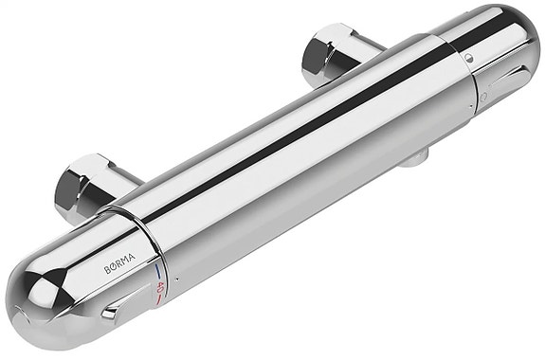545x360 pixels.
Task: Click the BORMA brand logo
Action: tap(120, 264)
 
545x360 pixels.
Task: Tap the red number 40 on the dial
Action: tap(160, 287)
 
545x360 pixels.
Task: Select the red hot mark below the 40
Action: tap(159, 299)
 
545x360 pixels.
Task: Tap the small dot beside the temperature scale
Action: tap(177, 279)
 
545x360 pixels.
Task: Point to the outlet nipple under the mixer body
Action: tap(415, 159)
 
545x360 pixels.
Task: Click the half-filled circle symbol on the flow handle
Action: tap(469, 58)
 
